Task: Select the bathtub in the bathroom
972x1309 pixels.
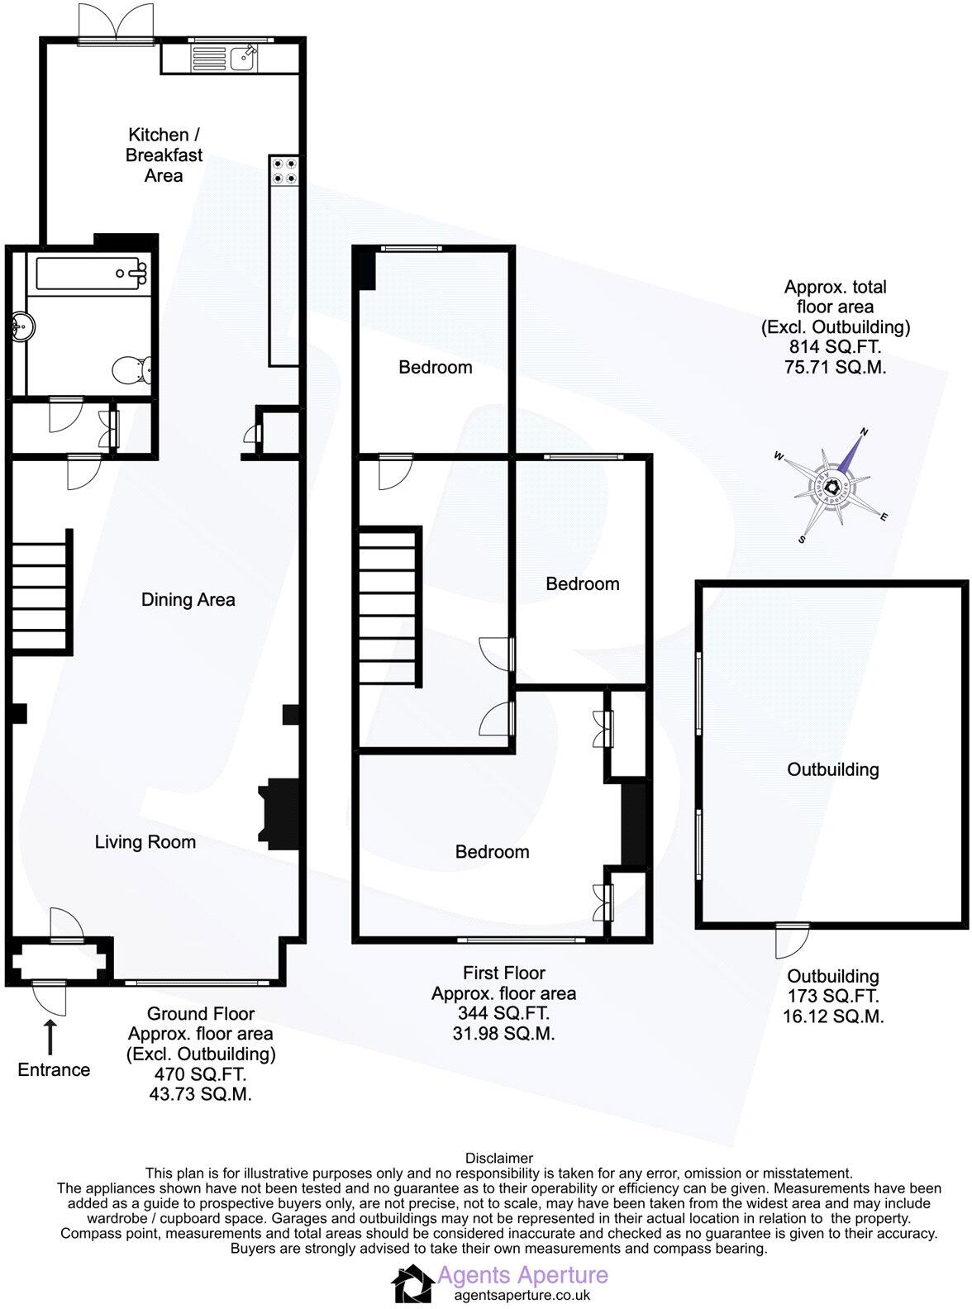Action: (x=88, y=272)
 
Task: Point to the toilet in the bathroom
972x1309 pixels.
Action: (x=133, y=369)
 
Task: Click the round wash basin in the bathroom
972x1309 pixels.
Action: (x=21, y=328)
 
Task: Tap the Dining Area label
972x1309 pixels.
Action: (x=188, y=600)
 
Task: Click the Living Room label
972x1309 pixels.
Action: (x=145, y=842)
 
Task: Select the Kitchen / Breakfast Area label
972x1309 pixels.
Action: (x=164, y=155)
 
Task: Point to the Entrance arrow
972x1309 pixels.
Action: (x=51, y=1036)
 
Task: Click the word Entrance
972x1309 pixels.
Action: (x=54, y=1070)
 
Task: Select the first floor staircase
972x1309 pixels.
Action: (x=387, y=607)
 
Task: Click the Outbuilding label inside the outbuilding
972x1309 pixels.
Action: (x=832, y=769)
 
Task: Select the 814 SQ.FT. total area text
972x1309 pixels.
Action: (x=835, y=348)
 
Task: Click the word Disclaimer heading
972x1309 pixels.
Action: (x=499, y=1159)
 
